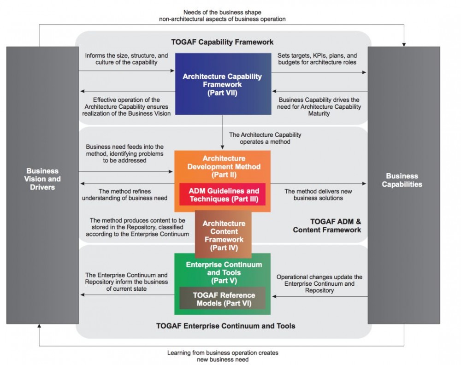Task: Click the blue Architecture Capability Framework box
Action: tap(223, 84)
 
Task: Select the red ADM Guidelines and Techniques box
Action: tap(223, 194)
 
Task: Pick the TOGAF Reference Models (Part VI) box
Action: tap(223, 299)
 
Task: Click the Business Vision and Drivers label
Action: tap(42, 179)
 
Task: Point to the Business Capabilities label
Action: tap(402, 180)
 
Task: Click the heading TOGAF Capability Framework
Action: tap(222, 42)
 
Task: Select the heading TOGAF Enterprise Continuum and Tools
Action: tap(225, 326)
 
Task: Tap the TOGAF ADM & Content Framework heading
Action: tap(327, 226)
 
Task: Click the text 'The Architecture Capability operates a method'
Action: tap(265, 138)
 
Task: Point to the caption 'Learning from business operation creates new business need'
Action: tap(223, 356)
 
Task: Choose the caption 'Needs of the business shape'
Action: tap(222, 12)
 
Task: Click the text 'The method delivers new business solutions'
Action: tap(318, 194)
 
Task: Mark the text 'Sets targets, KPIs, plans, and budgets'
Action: tap(317, 59)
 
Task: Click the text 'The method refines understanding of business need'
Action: tap(124, 194)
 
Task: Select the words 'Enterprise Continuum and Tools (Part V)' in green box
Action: tap(224, 272)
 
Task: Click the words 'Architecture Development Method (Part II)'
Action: tap(224, 167)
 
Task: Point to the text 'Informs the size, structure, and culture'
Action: tap(126, 59)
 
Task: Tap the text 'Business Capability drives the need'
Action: tap(319, 103)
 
